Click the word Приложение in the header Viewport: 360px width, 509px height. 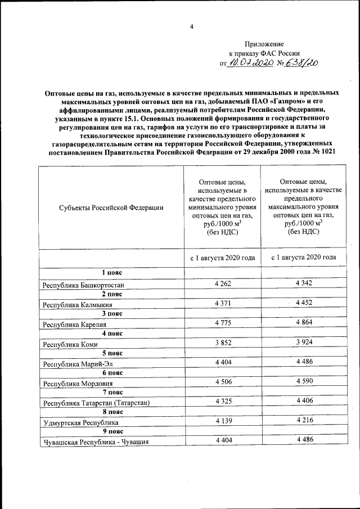click(264, 44)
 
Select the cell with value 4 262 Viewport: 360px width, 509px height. click(223, 283)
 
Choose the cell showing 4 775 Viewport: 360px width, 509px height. click(223, 322)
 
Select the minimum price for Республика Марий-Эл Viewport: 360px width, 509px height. click(223, 362)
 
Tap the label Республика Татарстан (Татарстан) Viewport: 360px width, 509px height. click(94, 403)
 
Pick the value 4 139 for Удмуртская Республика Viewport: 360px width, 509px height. click(223, 420)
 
